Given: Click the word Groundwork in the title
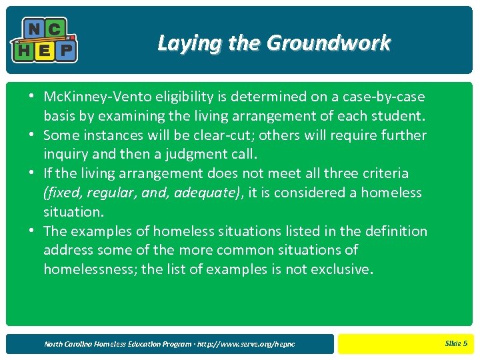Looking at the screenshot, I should [329, 44].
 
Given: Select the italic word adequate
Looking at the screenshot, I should [203, 193].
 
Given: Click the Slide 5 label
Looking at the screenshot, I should [456, 343].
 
